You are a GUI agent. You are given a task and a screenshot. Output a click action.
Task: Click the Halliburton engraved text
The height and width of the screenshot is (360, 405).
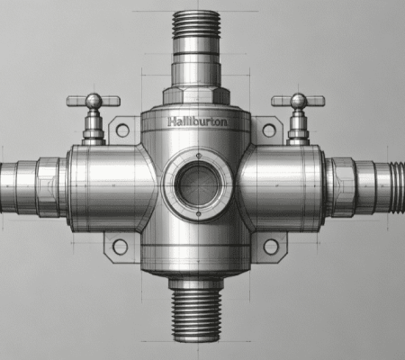pyautogui.click(x=197, y=121)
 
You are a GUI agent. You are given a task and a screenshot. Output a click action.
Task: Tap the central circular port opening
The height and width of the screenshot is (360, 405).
pyautogui.click(x=198, y=184)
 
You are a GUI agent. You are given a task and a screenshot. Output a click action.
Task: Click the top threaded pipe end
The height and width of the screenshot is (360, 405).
pyautogui.click(x=196, y=24)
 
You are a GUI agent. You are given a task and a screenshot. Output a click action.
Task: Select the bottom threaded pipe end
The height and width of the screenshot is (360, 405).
pyautogui.click(x=196, y=315)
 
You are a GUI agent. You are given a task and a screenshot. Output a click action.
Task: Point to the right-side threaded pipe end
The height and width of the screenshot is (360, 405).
pyautogui.click(x=397, y=187)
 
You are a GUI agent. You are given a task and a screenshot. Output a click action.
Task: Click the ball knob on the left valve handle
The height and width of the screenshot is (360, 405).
pyautogui.click(x=94, y=101)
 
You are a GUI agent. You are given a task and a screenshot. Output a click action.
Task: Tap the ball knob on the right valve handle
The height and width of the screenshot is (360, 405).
pyautogui.click(x=299, y=101)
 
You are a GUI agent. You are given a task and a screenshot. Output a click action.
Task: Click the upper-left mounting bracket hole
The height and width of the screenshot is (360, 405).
pyautogui.click(x=122, y=130)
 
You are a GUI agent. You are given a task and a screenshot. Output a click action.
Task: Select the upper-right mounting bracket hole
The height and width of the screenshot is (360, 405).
pyautogui.click(x=269, y=130)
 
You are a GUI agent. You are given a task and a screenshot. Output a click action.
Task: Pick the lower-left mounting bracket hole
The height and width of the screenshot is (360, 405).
pyautogui.click(x=120, y=247)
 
